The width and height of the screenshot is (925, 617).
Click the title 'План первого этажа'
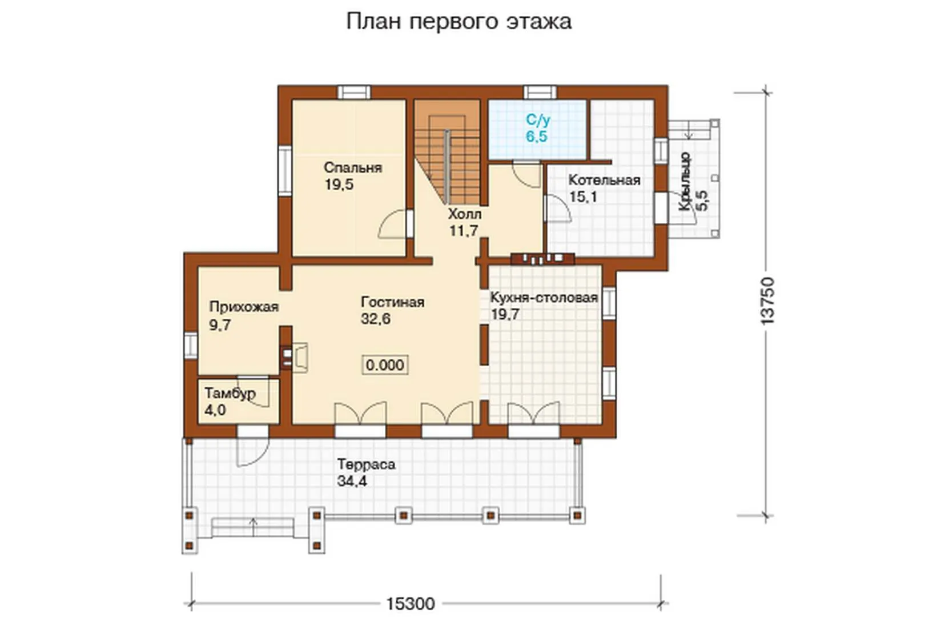click(x=459, y=22)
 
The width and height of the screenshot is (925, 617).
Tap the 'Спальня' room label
click(x=353, y=168)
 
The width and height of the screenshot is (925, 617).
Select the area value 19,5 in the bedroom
click(x=339, y=185)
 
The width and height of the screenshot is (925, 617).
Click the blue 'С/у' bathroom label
click(x=538, y=120)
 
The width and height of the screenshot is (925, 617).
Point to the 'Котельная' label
click(x=605, y=180)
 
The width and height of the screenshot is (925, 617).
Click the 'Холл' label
click(x=465, y=214)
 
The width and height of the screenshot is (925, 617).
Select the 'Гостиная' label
click(x=392, y=302)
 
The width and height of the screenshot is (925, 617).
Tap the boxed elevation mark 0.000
click(x=385, y=365)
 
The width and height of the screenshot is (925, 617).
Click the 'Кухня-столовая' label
click(x=544, y=298)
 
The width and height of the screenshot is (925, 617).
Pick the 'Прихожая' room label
click(x=244, y=307)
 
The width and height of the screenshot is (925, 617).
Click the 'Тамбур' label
click(x=230, y=393)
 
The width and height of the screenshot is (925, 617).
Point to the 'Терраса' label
click(x=366, y=464)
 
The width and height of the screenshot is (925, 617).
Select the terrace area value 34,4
click(x=352, y=481)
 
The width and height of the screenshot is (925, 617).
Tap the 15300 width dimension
click(x=411, y=604)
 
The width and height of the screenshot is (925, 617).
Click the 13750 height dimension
click(x=767, y=301)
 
